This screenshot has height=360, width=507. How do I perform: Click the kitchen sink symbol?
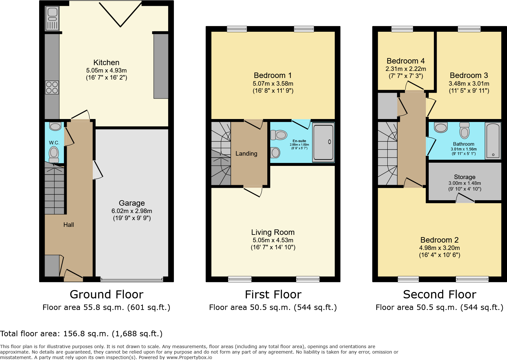click(x=52, y=19)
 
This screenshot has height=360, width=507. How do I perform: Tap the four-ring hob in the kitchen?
click(x=52, y=87)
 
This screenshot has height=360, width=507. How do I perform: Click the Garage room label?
click(x=132, y=203)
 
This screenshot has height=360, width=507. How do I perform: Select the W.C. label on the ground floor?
click(x=54, y=143)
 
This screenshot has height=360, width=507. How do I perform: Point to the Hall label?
click(x=68, y=225)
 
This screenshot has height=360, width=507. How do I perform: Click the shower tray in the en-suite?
click(x=323, y=142)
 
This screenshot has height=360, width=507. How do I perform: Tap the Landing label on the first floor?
click(x=246, y=154)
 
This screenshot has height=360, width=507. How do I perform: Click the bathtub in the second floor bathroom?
click(x=493, y=141)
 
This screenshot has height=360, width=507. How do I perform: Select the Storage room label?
click(x=464, y=177)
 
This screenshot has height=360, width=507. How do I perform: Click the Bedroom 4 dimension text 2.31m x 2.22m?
click(x=406, y=69)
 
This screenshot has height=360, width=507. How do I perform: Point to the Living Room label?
click(x=273, y=232)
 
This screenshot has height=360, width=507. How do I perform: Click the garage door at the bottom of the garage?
click(x=132, y=279)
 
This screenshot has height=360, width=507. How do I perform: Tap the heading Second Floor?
click(x=439, y=294)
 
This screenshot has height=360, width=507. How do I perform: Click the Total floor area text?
click(x=81, y=334)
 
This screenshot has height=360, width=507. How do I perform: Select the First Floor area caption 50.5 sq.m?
click(x=273, y=307)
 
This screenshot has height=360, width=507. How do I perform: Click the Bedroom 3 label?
click(x=468, y=75)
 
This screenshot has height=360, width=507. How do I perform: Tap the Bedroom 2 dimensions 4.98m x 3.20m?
click(x=439, y=248)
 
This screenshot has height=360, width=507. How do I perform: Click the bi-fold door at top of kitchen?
click(x=120, y=14)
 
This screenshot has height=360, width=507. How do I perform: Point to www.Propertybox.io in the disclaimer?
click(x=189, y=357)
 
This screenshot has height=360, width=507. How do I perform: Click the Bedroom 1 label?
click(x=272, y=75)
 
